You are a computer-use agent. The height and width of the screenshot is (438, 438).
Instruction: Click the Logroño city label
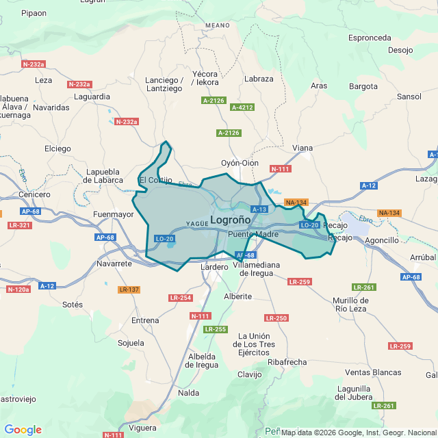[230, 220]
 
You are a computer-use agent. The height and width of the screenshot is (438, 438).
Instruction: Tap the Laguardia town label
[91, 97]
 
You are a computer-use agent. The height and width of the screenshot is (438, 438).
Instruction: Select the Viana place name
[302, 148]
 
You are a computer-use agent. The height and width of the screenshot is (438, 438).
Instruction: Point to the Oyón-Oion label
[240, 163]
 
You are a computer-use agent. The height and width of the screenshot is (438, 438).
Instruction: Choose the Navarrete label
[114, 263]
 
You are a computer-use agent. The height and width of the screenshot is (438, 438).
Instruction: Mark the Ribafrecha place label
[287, 362]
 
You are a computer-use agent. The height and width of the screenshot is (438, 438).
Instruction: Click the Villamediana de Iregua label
[253, 268]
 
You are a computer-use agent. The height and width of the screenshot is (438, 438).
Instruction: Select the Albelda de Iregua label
[203, 361]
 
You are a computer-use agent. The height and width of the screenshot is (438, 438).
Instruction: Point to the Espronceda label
[369, 38]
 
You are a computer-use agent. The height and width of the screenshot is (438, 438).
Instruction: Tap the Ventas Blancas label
[373, 372]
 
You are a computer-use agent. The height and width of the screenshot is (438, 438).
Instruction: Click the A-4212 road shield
[242, 107]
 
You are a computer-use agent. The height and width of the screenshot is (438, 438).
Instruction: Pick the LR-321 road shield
[20, 225]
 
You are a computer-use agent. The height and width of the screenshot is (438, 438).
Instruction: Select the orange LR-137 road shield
[129, 289]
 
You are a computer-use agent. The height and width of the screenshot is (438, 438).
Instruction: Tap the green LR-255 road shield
[215, 329]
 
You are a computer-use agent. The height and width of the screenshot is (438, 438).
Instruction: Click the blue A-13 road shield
[259, 209]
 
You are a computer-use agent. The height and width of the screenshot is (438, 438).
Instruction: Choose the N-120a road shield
[18, 289]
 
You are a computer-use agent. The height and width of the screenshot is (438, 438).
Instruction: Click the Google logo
[23, 430]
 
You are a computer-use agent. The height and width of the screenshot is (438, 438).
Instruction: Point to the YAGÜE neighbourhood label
[196, 224]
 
